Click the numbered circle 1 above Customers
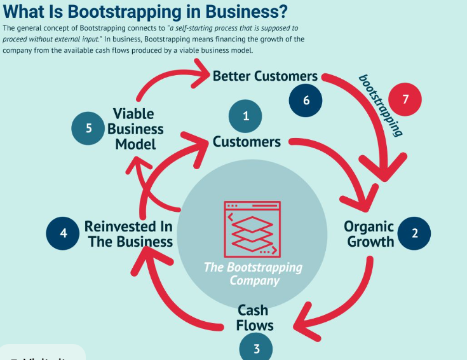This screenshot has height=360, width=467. [247, 115]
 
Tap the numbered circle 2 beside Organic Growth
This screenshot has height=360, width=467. [415, 233]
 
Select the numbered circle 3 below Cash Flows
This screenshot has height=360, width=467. [257, 347]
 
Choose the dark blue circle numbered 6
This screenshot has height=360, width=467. [306, 100]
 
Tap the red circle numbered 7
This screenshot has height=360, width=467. [405, 100]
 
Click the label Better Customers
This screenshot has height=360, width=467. [265, 76]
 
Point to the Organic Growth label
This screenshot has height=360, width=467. [369, 233]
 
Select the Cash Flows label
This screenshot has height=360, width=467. [255, 317]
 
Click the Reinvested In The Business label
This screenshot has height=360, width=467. [129, 233]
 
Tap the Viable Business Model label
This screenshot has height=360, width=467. [135, 128]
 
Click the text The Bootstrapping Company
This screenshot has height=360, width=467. [253, 273]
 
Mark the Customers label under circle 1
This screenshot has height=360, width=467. [247, 141]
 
